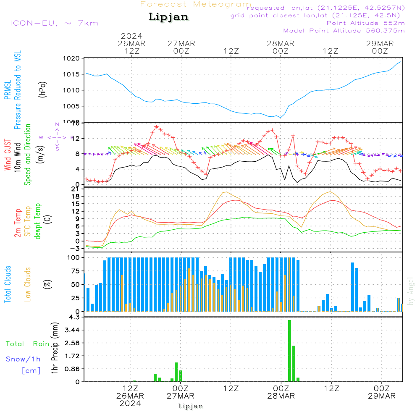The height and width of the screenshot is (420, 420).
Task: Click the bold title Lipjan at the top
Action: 168,17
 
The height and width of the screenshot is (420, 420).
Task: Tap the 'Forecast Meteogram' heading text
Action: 195,4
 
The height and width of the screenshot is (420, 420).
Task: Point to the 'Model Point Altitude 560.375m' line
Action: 344,31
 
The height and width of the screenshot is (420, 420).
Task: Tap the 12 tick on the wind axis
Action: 76,139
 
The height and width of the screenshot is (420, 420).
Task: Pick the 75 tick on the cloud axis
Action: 76,271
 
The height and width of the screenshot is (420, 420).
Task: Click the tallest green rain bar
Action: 289,351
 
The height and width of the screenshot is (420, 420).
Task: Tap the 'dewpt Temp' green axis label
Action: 38,221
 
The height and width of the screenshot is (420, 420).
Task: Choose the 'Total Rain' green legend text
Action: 27,344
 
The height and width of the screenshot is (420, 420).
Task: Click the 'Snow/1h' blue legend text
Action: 23,359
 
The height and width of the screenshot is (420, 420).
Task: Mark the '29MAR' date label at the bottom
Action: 380,396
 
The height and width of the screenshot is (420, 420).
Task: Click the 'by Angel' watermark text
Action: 411,291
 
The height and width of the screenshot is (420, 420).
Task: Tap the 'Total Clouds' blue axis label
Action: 8,284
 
